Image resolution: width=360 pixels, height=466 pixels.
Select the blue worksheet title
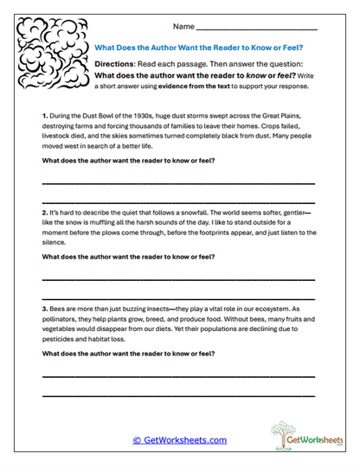(x=204, y=48)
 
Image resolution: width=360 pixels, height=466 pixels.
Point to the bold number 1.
(x=44, y=115)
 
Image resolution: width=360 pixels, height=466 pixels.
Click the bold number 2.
(x=44, y=212)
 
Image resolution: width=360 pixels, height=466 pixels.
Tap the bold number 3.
(x=44, y=309)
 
